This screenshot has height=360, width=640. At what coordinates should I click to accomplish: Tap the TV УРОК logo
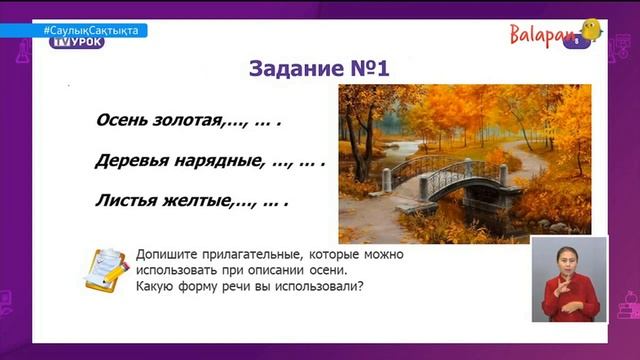click(x=84, y=42)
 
